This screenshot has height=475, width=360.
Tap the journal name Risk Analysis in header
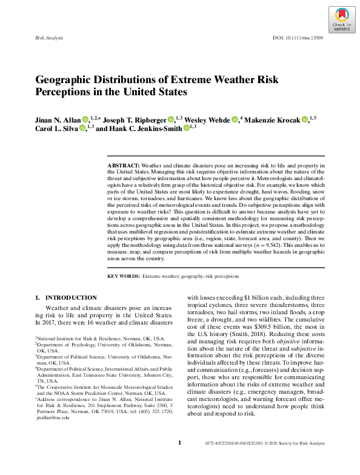pos(50,38)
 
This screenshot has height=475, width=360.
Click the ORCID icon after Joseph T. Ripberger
pos(171,120)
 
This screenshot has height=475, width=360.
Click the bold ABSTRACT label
pos(123,165)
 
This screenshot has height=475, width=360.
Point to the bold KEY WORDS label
pos(123,275)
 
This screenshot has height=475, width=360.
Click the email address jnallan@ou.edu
pos(54,417)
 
